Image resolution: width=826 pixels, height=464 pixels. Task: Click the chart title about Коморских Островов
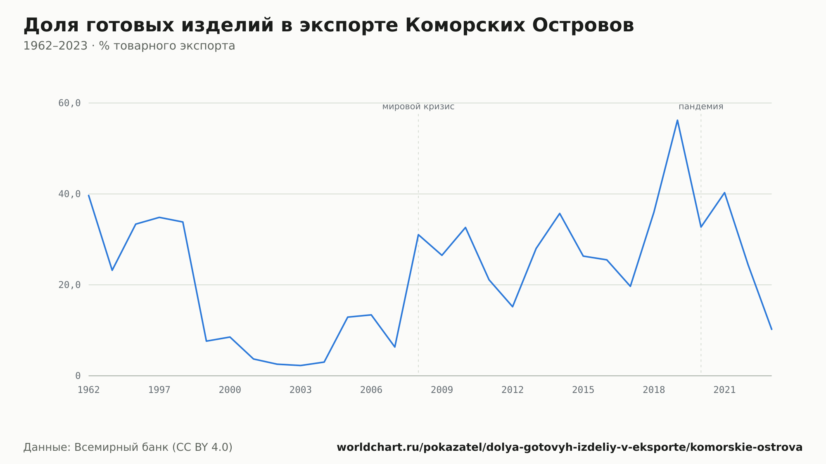[x=329, y=26]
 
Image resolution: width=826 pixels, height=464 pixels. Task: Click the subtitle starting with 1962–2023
[x=129, y=46]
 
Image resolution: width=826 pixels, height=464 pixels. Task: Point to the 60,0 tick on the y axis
[x=69, y=103]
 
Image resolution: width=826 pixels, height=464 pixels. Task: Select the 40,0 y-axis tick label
[x=69, y=194]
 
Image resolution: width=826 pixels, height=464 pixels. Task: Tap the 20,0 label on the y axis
[x=69, y=285]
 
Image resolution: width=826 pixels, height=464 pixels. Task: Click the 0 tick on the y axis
[x=78, y=376]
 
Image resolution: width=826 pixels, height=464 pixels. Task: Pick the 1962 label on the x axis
[x=89, y=390]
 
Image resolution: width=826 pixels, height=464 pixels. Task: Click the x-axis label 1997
[x=159, y=390]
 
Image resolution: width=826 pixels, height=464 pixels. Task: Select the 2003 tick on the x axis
[x=301, y=390]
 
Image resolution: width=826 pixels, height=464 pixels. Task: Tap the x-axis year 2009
[x=442, y=390]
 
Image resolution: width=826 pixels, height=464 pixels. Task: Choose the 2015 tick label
[x=583, y=390]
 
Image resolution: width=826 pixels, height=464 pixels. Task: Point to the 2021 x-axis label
[x=724, y=390]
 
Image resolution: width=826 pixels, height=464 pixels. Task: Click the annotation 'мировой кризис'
[x=418, y=107]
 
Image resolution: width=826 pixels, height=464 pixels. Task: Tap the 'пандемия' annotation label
[x=701, y=107]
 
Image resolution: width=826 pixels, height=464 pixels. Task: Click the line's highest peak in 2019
[x=677, y=120]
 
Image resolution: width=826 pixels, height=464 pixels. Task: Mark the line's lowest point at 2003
[x=301, y=365]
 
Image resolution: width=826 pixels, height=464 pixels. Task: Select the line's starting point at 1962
[x=89, y=195]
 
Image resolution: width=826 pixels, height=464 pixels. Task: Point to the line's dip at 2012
[x=513, y=307]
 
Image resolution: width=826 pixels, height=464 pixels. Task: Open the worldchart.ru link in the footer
[x=570, y=447]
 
